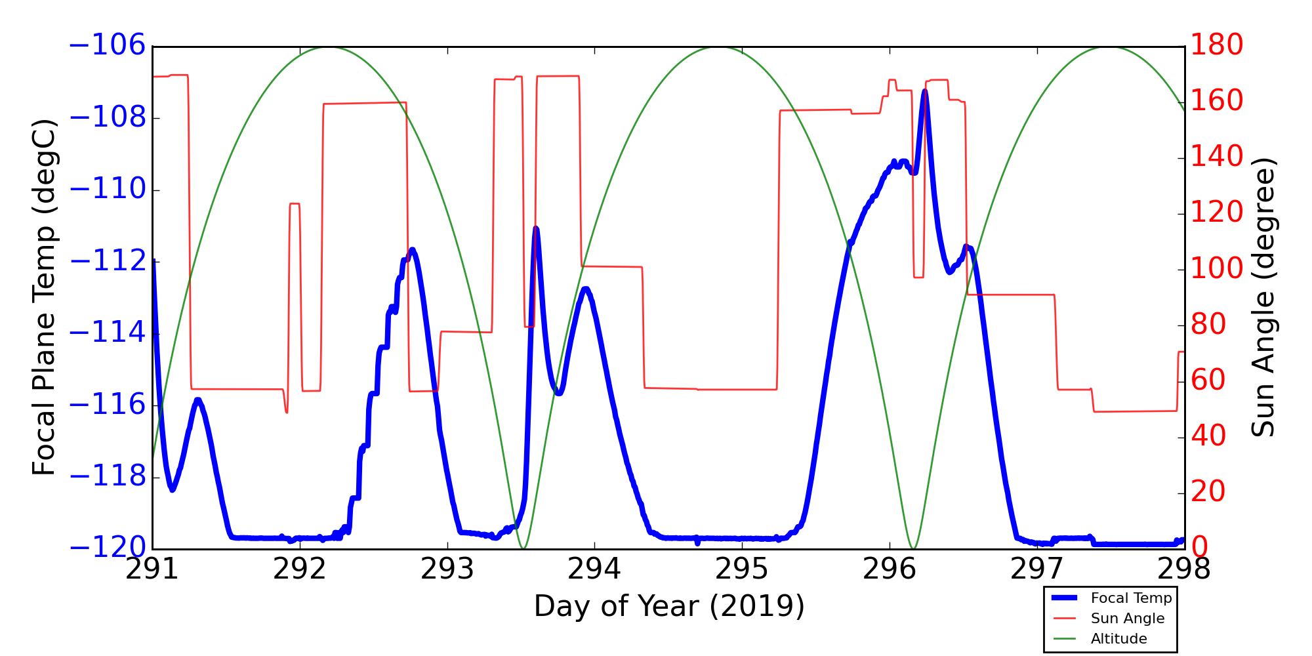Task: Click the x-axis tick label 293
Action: [447, 569]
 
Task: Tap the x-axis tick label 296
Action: [889, 569]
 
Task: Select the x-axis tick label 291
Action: [152, 569]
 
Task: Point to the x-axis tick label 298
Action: [1183, 569]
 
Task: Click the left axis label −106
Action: [106, 46]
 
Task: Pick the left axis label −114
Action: [106, 333]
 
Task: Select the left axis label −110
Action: [106, 190]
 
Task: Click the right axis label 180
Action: [1217, 45]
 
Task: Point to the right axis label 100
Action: [1217, 269]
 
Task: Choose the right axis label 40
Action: [1208, 436]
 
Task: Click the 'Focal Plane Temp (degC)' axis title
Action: [44, 297]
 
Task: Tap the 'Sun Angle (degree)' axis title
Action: [1263, 297]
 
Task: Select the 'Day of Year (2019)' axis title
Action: [668, 606]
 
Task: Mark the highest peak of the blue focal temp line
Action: [924, 91]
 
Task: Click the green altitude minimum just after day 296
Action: [912, 548]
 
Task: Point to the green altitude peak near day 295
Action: [720, 47]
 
